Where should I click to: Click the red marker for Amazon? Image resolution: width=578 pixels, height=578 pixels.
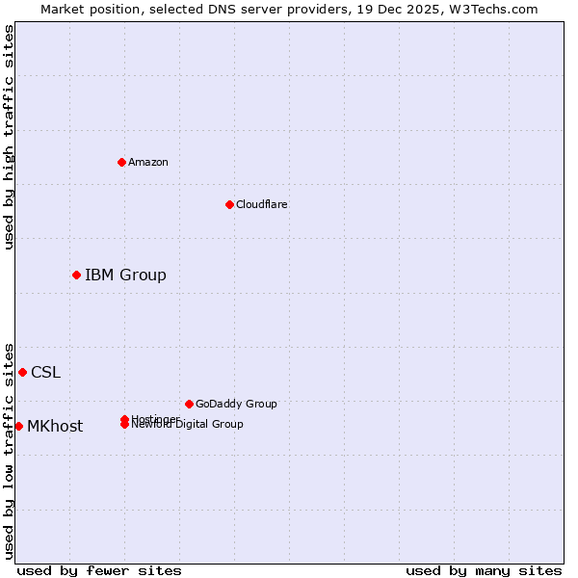[121, 162]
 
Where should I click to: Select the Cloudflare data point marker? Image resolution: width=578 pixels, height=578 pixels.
[229, 204]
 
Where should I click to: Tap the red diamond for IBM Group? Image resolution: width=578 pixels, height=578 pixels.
[76, 275]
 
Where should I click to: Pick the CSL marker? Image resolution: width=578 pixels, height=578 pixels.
[22, 372]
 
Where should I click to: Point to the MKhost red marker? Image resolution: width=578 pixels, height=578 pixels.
[18, 426]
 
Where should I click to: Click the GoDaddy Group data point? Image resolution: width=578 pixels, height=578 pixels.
[189, 404]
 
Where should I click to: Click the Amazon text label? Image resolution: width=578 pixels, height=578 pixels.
[148, 162]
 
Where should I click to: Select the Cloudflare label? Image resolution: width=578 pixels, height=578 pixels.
[262, 204]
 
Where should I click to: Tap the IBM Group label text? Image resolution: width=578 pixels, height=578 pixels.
[125, 276]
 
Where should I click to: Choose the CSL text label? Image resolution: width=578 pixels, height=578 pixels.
[45, 373]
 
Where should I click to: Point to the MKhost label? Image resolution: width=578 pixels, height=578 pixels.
[55, 427]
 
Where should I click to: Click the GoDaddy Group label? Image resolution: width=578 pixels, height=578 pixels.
[236, 405]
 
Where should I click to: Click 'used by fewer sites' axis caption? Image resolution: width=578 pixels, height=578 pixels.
[99, 571]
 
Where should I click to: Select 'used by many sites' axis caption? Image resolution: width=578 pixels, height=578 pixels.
[484, 571]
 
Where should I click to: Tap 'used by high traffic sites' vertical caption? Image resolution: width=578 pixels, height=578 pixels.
[10, 137]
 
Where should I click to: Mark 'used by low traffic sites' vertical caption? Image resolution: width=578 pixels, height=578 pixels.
[10, 450]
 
